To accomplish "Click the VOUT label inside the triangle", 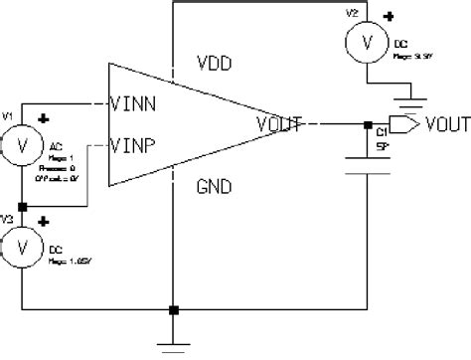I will pyautogui.click(x=277, y=124).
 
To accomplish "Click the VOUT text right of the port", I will pyautogui.click(x=445, y=125).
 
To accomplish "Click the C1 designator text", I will pyautogui.click(x=383, y=129).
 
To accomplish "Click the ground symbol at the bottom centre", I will pyautogui.click(x=175, y=344).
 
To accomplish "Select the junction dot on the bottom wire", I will pyautogui.click(x=175, y=309).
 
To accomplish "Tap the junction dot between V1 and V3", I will pyautogui.click(x=23, y=208).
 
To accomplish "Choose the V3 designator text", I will pyautogui.click(x=8, y=216).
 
